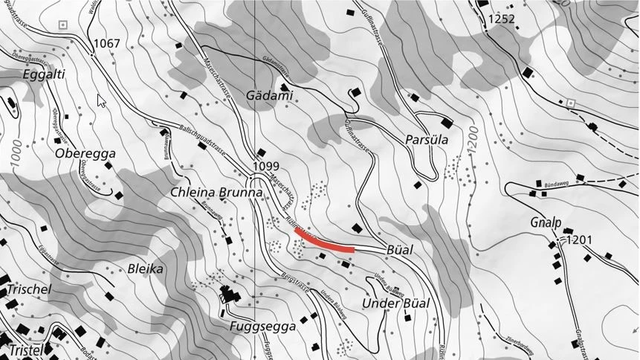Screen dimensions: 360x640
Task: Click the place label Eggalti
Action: click(44, 74)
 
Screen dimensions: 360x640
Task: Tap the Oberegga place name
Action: click(85, 153)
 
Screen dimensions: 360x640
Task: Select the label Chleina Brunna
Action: click(217, 192)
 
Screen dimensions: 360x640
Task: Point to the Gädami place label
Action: click(269, 96)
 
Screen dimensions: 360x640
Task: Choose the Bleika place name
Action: click(146, 269)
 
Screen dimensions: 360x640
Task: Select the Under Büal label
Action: click(395, 303)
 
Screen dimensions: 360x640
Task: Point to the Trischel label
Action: click(29, 289)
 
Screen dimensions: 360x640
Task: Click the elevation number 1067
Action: click(106, 44)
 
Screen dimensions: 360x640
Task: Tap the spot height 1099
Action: click(265, 165)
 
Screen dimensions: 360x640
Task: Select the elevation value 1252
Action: click(501, 19)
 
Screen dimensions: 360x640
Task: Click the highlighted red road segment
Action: click(324, 242)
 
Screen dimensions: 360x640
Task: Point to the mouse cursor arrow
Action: click(100, 100)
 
